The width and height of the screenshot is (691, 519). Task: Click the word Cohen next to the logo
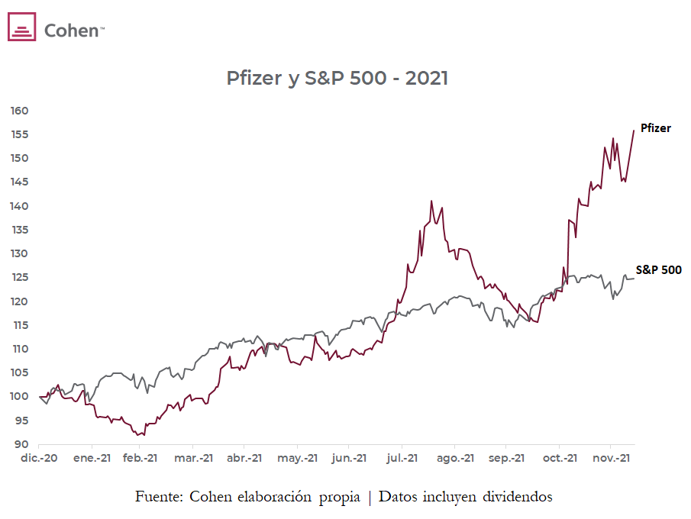(73, 30)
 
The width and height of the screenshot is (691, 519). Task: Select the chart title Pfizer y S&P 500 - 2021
(337, 78)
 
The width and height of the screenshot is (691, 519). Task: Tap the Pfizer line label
(655, 128)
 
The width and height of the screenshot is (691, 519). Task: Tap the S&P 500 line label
(658, 270)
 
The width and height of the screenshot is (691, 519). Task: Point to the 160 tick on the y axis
(19, 111)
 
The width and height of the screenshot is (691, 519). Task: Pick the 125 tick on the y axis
(19, 277)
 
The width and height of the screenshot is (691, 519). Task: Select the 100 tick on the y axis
(19, 397)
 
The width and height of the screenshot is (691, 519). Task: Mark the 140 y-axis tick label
(19, 206)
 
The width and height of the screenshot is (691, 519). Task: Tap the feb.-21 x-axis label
(141, 459)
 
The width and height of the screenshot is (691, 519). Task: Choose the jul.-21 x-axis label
(402, 459)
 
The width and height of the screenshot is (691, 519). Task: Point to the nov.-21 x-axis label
(611, 459)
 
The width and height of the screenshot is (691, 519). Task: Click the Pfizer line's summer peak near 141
(431, 201)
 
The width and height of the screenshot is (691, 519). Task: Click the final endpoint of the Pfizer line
(634, 131)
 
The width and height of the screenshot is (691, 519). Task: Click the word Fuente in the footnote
(158, 497)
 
